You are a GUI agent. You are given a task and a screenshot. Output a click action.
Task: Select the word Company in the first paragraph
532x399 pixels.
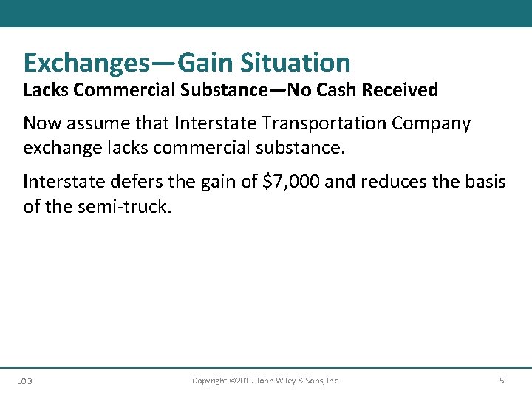tap(432, 123)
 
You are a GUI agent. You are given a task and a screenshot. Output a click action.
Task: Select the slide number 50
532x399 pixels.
tap(504, 381)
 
